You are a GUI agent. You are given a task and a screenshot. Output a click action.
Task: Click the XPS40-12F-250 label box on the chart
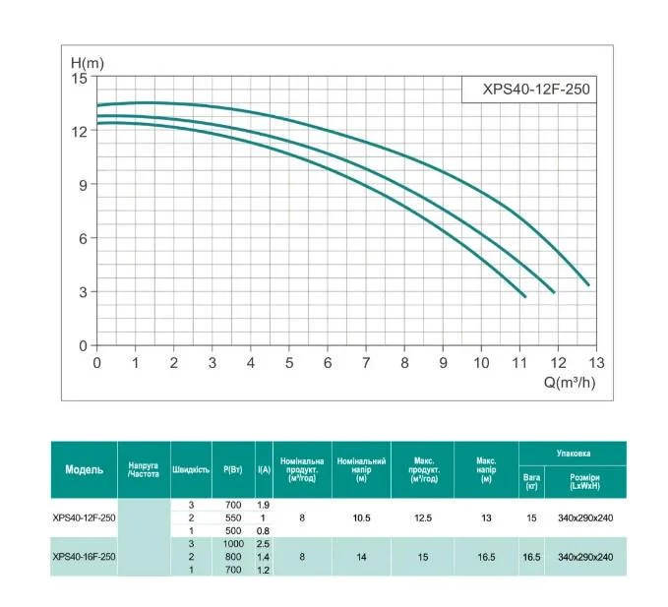point(529,88)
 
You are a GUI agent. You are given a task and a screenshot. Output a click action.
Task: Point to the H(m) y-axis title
point(87,62)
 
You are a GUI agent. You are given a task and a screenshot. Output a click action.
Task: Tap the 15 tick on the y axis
point(81,77)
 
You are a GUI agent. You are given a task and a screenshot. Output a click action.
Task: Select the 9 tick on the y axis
point(83,184)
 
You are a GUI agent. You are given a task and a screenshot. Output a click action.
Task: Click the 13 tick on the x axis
point(597,362)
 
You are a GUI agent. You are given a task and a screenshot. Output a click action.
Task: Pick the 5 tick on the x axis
point(289,362)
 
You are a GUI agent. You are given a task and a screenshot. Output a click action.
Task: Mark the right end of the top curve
point(588,284)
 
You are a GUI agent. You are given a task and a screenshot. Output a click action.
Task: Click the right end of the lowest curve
point(524,296)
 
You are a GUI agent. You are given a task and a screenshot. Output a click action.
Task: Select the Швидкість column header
point(191,469)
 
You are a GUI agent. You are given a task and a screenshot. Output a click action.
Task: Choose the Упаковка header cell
point(573,454)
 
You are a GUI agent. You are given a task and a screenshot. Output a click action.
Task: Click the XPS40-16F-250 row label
point(84,557)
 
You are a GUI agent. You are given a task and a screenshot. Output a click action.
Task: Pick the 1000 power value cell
point(233,543)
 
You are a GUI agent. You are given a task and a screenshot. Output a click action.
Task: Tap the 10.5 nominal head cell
point(361,517)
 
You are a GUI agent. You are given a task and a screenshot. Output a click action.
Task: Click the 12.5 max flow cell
point(422,517)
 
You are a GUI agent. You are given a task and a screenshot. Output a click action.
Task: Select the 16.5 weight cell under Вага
point(532,557)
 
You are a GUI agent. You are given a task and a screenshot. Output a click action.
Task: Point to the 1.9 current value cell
point(264,505)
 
